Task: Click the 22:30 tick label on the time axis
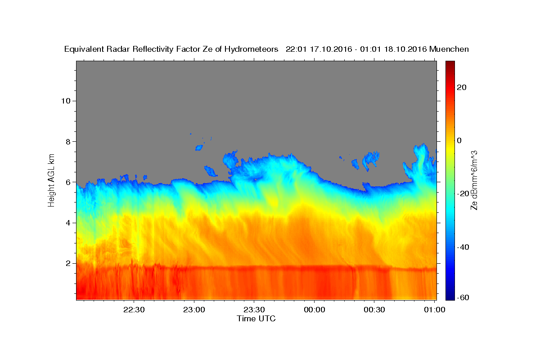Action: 134,310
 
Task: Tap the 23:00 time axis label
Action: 194,310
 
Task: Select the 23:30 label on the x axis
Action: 254,310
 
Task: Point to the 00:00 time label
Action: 315,310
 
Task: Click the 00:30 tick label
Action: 374,310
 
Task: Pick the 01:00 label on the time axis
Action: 435,310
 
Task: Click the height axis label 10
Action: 66,101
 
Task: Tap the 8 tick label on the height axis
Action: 68,142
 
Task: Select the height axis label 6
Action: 68,182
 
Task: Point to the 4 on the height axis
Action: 68,223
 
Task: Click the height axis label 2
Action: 68,263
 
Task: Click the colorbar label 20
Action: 462,87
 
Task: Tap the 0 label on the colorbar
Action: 459,140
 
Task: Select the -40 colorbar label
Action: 463,247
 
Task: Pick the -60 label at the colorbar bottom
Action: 463,297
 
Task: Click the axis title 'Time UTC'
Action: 256,319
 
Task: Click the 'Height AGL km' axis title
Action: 51,180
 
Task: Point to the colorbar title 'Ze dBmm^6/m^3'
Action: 474,180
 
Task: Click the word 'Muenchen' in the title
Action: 449,49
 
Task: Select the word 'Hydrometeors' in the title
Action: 251,49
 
